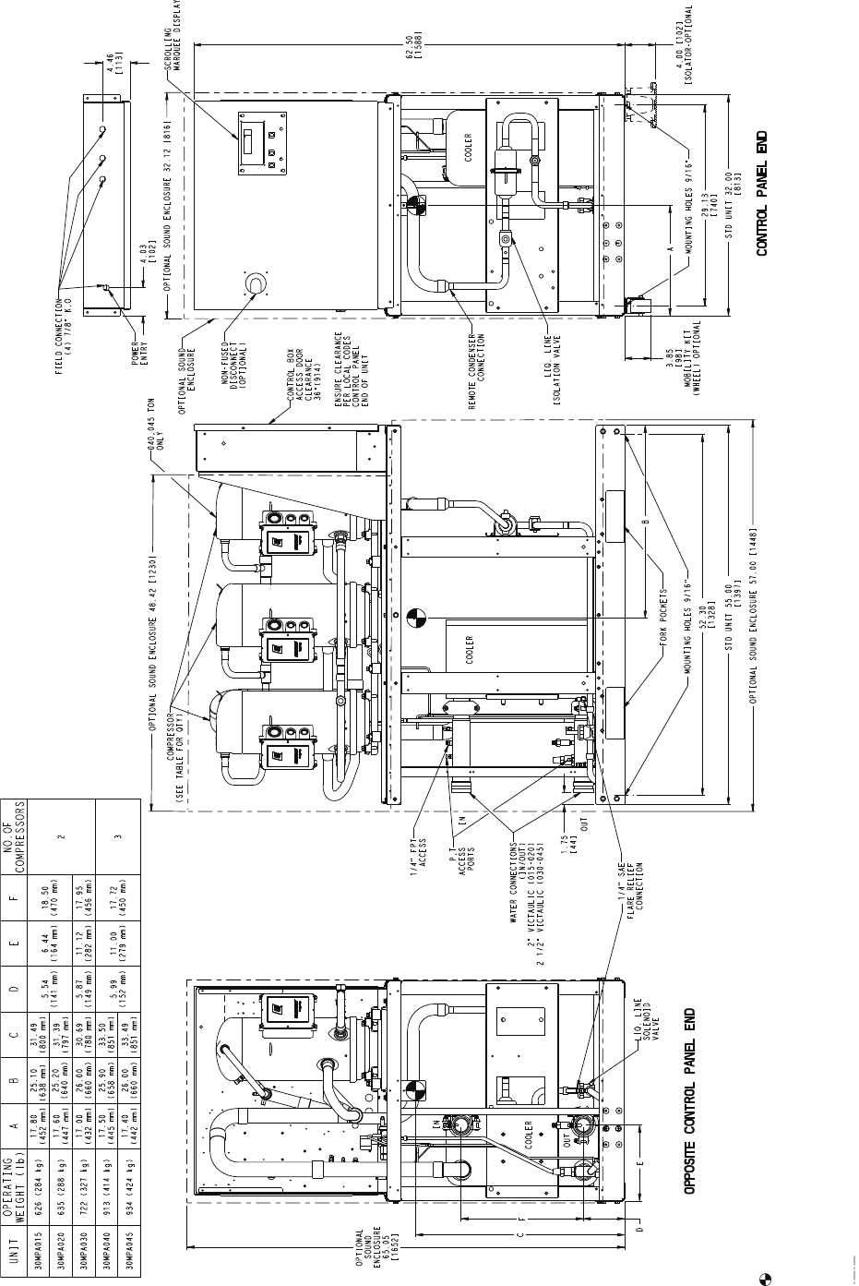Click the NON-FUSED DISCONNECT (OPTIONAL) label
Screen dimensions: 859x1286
249,348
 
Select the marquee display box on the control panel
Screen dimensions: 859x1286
258,143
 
